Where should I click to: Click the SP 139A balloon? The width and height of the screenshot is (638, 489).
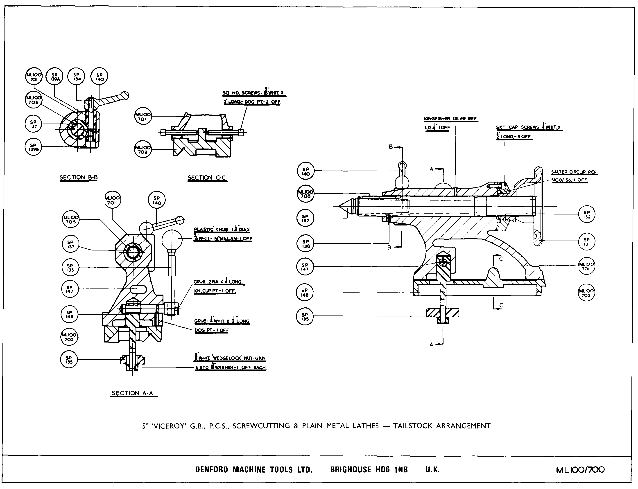click(x=54, y=77)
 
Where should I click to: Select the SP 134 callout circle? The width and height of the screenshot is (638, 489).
click(x=76, y=77)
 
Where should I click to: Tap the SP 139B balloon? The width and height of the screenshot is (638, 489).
click(x=33, y=147)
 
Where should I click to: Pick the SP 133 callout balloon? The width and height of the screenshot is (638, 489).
click(x=70, y=268)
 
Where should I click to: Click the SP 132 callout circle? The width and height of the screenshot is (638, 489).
click(x=587, y=214)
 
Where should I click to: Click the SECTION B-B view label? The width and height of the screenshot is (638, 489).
click(x=79, y=178)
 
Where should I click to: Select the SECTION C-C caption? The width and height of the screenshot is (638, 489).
click(x=207, y=178)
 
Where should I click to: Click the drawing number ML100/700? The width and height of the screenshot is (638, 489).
click(x=580, y=470)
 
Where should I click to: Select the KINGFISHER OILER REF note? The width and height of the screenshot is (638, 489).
click(x=450, y=119)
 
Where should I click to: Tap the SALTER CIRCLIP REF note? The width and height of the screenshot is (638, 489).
click(x=574, y=172)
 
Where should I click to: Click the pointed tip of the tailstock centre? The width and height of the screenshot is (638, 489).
click(x=334, y=206)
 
